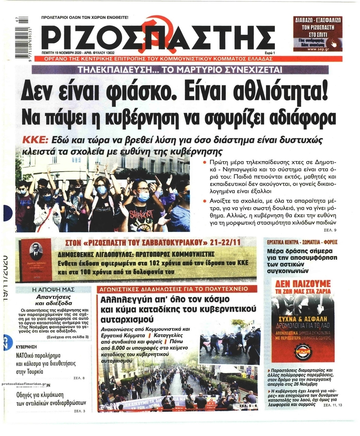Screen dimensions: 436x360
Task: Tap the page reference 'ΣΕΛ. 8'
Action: tap(79, 378)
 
